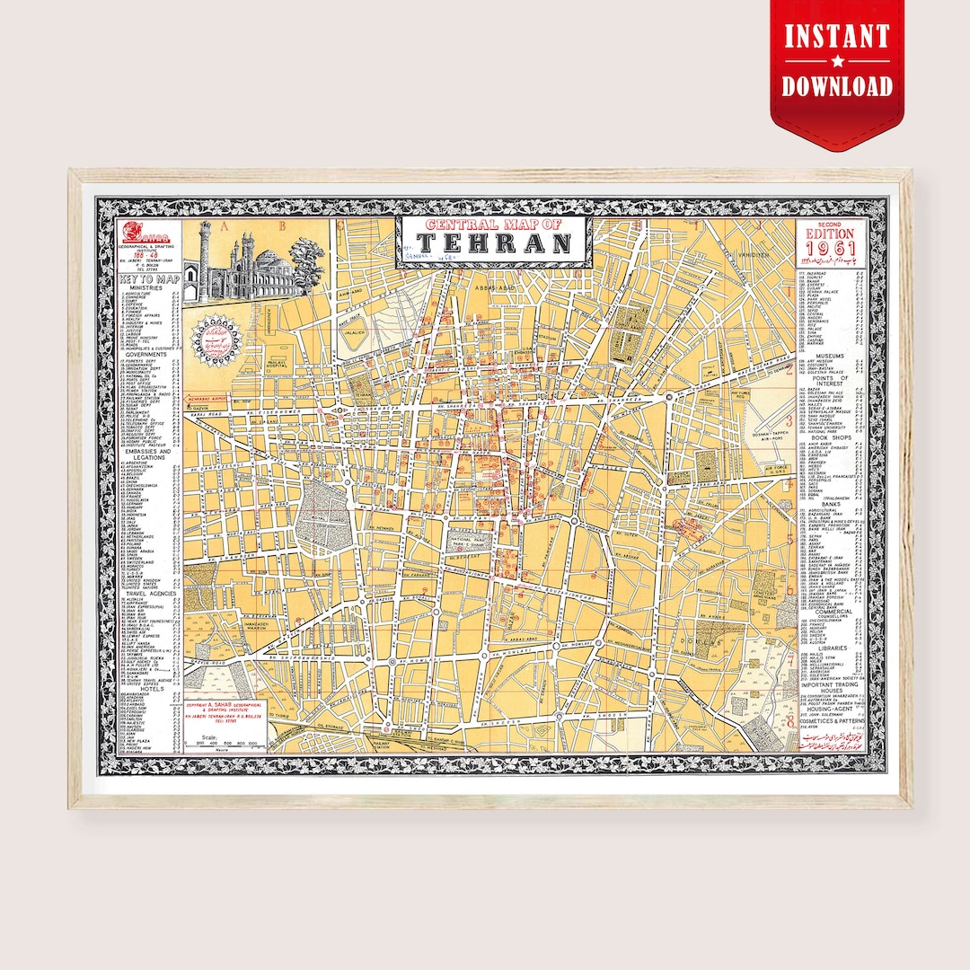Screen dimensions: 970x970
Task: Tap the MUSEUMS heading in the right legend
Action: (831, 356)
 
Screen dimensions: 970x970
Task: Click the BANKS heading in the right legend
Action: (831, 504)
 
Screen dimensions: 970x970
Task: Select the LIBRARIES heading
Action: (831, 648)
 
